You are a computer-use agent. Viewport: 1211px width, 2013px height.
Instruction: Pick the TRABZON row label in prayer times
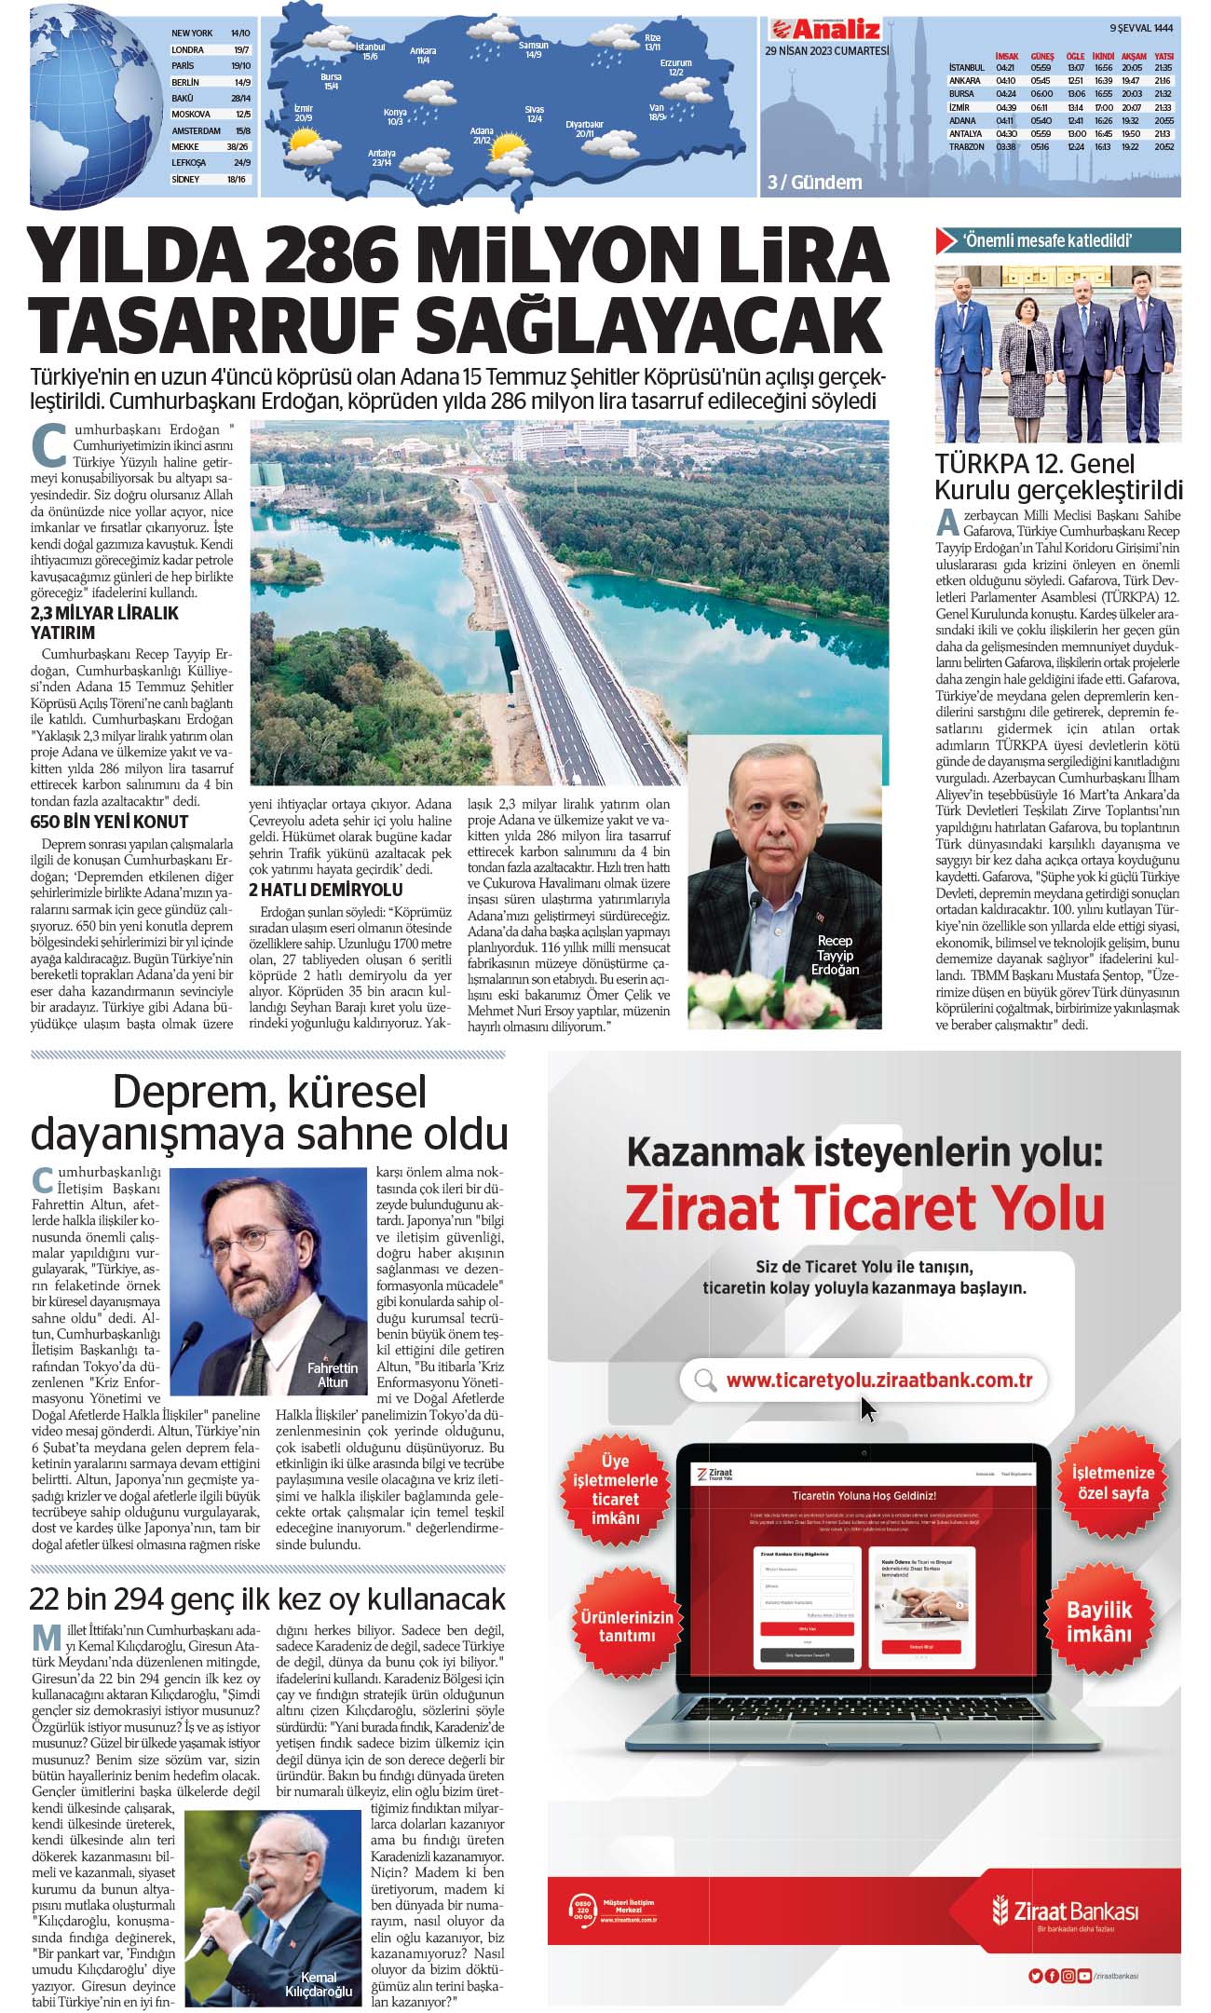(x=966, y=147)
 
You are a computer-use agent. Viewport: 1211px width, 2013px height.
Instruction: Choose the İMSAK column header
(x=1006, y=56)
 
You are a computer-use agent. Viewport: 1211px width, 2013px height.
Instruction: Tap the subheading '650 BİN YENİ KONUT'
(x=109, y=822)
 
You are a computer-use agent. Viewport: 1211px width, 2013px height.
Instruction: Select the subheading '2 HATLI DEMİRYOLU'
(x=325, y=890)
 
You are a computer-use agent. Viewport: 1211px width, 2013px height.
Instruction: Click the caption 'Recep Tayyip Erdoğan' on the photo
(x=835, y=955)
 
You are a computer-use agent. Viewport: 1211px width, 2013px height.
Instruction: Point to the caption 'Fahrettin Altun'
(x=333, y=1375)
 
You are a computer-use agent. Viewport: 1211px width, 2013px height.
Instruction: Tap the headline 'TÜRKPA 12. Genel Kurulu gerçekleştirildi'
(x=1058, y=477)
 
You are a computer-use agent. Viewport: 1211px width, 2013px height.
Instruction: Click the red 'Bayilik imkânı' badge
(x=1099, y=1622)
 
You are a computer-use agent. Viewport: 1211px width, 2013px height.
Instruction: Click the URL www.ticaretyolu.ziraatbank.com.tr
(x=878, y=1381)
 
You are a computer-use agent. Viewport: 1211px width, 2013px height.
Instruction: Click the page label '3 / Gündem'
(x=814, y=183)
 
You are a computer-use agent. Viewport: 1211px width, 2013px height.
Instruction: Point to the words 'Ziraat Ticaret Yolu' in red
(x=864, y=1209)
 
